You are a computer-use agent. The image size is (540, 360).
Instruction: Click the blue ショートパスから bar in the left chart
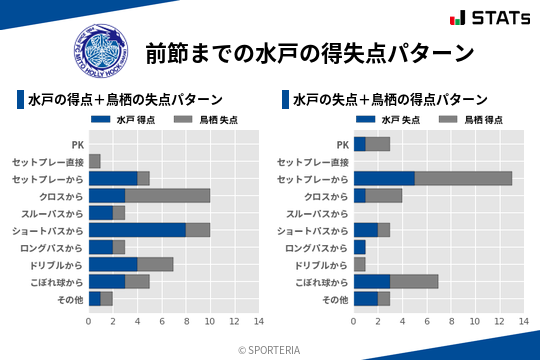[x=137, y=229]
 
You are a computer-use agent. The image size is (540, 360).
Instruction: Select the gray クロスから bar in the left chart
[x=167, y=195]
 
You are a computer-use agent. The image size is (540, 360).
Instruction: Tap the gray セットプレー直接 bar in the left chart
[x=95, y=161]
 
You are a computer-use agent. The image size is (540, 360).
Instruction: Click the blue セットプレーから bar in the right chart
[x=384, y=178]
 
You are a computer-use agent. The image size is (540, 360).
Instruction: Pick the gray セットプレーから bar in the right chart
[x=463, y=178]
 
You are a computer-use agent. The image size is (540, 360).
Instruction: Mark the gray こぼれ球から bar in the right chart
[x=414, y=281]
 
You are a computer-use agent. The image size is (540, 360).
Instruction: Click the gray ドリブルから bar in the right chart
[x=360, y=264]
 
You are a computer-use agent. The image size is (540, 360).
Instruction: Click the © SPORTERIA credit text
[x=270, y=349]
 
